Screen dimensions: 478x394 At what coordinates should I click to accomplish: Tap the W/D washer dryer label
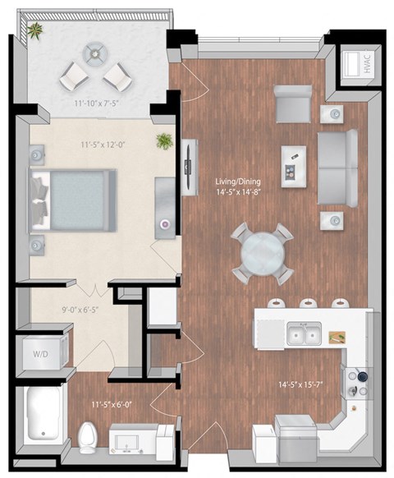40,355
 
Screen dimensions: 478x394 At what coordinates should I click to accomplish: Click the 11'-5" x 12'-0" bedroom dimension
102,145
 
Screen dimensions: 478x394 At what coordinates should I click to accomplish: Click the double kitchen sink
303,334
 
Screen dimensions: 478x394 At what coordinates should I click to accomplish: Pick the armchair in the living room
291,104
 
